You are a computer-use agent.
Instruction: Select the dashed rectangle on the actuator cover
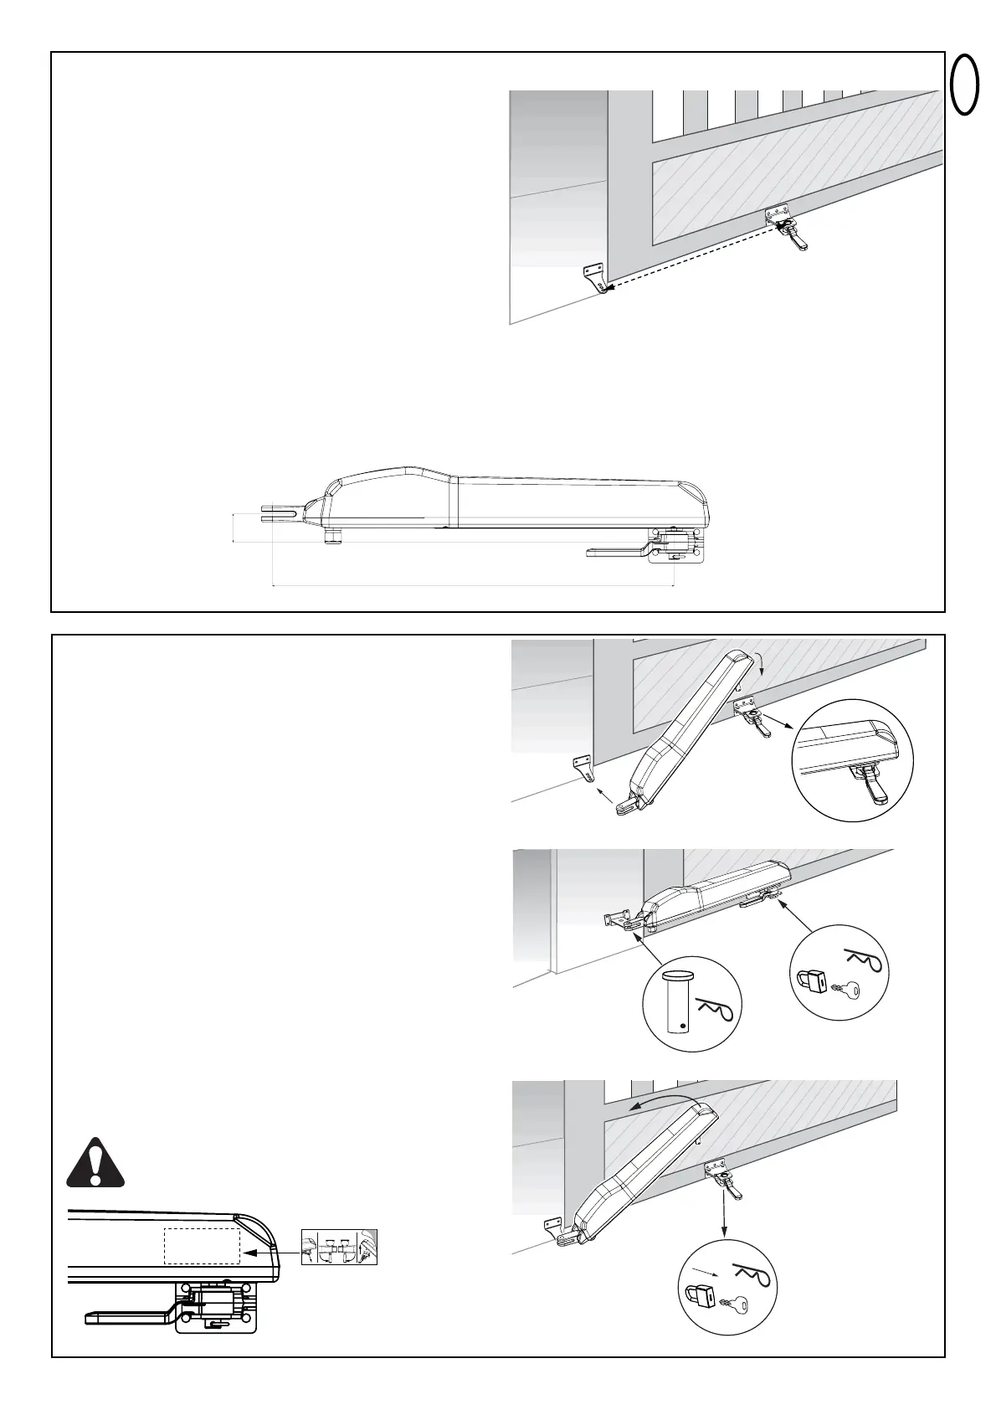click(x=202, y=1247)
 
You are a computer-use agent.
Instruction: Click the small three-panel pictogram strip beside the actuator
click(x=339, y=1247)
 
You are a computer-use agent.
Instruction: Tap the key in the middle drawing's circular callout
click(x=847, y=991)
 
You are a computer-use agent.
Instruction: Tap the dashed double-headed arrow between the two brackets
click(x=692, y=255)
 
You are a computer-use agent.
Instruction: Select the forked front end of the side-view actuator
click(x=280, y=514)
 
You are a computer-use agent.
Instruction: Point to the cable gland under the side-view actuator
click(x=333, y=534)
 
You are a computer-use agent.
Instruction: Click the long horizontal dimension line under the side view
click(x=474, y=585)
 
